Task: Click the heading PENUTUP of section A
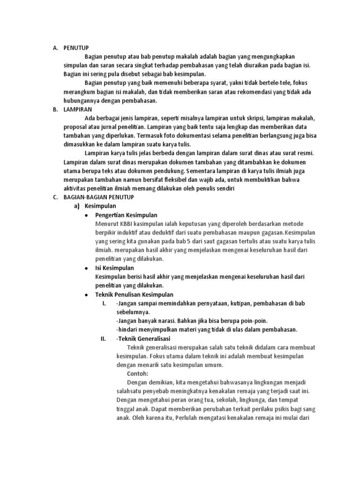coord(76,48)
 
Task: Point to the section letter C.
coord(55,197)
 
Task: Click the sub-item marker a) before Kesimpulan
coord(78,206)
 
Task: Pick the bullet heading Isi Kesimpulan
coord(114,268)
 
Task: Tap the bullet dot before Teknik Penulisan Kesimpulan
coord(86,295)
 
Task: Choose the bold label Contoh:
coord(137,374)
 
